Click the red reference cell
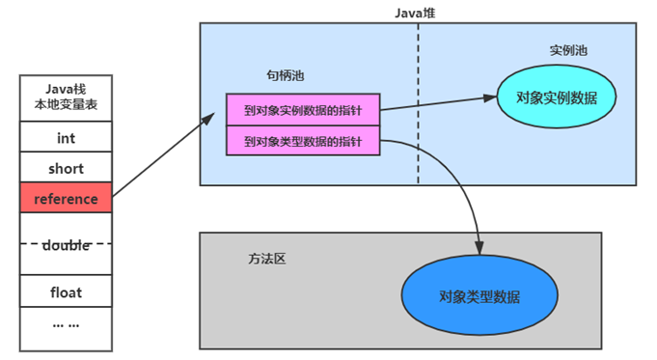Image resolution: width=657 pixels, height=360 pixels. coord(66,199)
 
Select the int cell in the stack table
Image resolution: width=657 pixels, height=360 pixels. coord(66,138)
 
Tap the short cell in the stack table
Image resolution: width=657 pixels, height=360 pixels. coord(66,169)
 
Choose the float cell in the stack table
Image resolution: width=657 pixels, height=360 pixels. coord(66,291)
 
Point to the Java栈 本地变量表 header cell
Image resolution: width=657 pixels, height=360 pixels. coord(66,97)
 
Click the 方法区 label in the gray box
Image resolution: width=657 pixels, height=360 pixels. coord(267,260)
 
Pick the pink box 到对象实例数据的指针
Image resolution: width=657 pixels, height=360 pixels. coord(303,109)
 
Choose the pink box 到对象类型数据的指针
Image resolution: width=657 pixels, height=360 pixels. coord(303,141)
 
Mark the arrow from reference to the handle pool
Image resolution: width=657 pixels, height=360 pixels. coord(164,156)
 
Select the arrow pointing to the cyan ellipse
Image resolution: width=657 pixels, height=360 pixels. coord(439,103)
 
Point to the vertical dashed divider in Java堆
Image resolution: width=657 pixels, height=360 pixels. coord(418,145)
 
